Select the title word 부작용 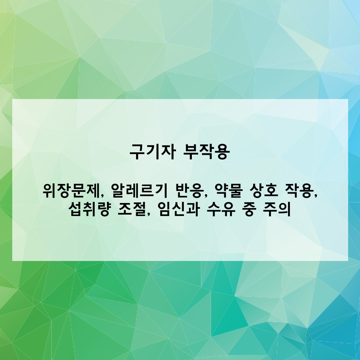[206, 152]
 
